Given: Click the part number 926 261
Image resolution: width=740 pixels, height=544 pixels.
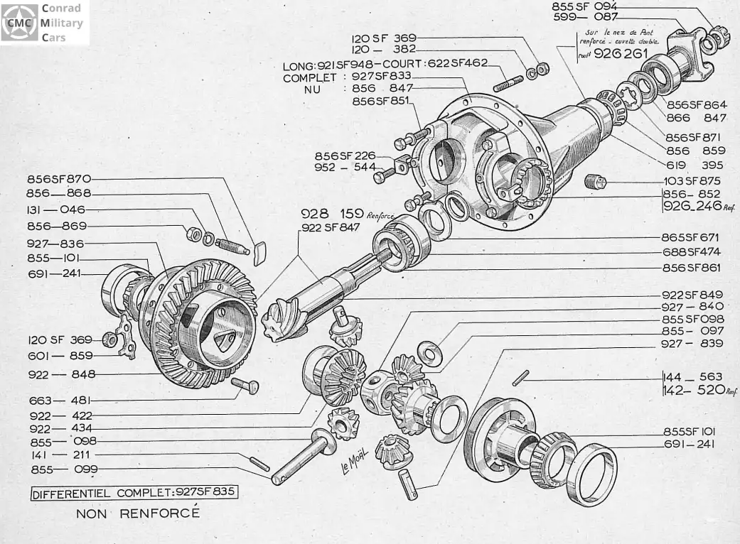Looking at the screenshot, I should (x=626, y=53).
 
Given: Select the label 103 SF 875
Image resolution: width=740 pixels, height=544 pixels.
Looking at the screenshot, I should (x=692, y=180).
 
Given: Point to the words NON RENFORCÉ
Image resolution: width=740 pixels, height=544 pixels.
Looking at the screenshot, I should (x=139, y=513).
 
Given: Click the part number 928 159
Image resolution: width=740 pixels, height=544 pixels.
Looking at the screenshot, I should (x=323, y=213).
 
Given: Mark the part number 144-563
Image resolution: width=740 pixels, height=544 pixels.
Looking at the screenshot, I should (x=692, y=376).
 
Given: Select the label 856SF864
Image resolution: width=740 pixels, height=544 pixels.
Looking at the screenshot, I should (x=697, y=104).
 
